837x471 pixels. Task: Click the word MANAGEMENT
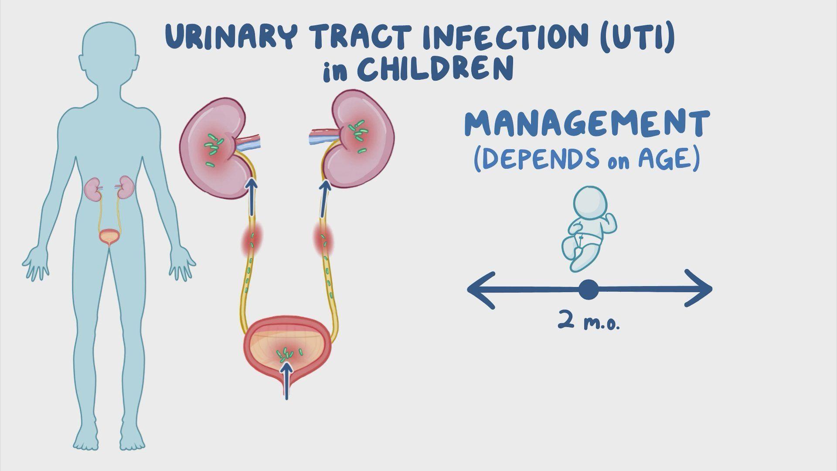(586, 124)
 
